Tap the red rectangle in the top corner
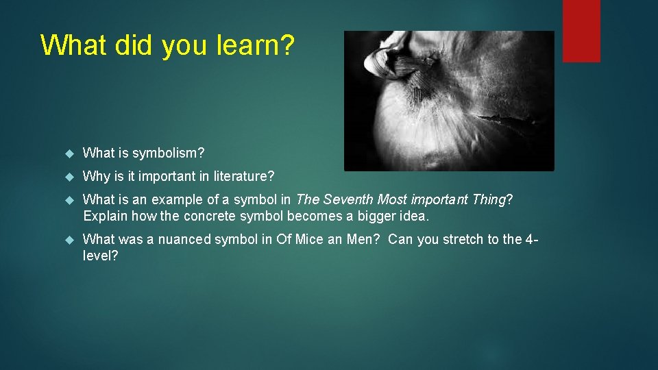tap(581, 31)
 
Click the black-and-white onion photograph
tap(448, 101)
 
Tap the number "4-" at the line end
tap(532, 240)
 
